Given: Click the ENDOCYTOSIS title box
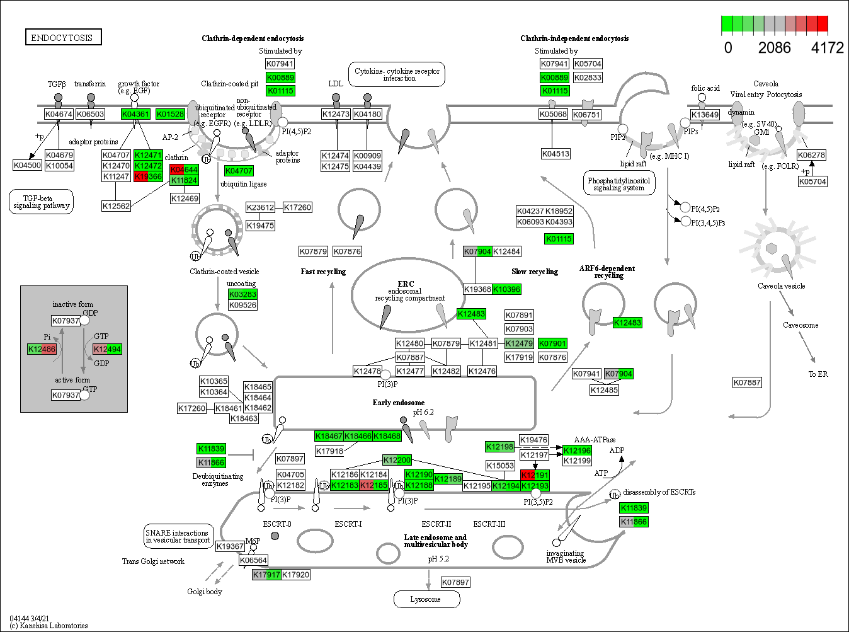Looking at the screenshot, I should [62, 38].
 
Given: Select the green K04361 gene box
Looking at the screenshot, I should [135, 114].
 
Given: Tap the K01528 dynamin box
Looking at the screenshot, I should [170, 114].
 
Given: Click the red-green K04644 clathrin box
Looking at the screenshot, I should [184, 169].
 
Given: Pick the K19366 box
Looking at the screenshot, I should [148, 176].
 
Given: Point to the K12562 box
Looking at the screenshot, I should [116, 206].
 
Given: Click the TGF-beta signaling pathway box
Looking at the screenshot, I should [41, 202].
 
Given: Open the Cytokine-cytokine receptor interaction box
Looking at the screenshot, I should [397, 74].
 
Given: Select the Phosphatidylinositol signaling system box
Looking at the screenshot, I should [618, 183].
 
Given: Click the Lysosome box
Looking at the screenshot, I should [426, 599].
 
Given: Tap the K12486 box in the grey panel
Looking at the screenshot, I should [42, 349].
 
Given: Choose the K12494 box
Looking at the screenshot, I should [107, 349].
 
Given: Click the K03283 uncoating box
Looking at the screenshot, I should [242, 294].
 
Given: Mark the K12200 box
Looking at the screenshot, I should [397, 460].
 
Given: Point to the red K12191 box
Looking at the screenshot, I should [535, 475].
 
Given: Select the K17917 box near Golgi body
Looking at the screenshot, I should [266, 575].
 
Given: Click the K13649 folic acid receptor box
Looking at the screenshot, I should [705, 115].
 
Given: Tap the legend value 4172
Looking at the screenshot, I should [827, 48].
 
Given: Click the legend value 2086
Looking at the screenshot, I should [774, 48].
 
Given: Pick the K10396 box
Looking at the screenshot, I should [506, 289].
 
